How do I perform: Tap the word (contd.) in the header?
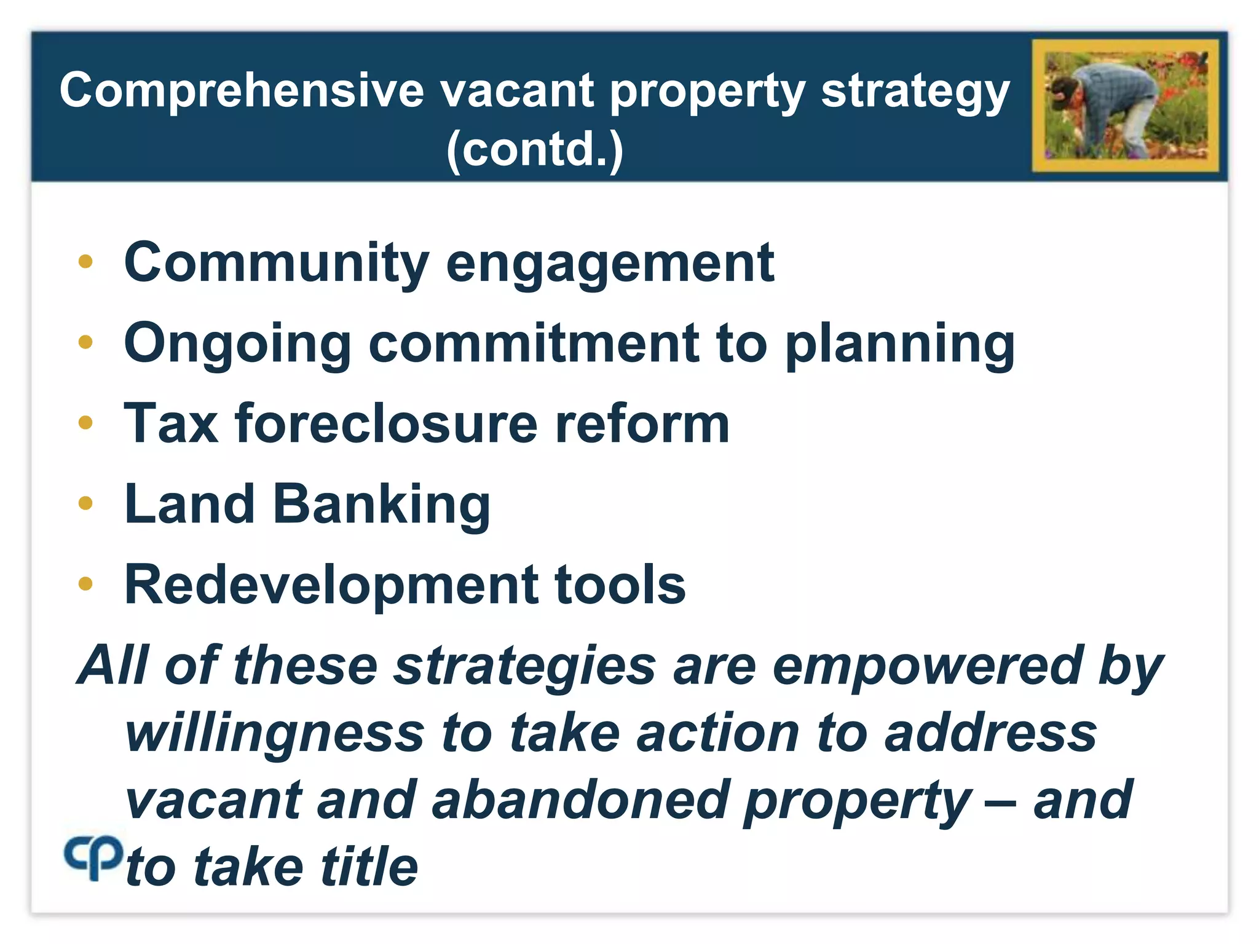535,149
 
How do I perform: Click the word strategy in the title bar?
915,92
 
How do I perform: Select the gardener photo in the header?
1126,106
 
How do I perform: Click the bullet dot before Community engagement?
85,262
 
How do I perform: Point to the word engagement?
610,264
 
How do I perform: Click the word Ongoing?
237,345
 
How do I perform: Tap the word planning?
900,345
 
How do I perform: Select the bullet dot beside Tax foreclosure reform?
85,423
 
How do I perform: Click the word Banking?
381,505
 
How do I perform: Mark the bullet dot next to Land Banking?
85,503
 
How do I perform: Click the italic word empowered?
927,666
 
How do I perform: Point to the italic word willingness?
275,734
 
